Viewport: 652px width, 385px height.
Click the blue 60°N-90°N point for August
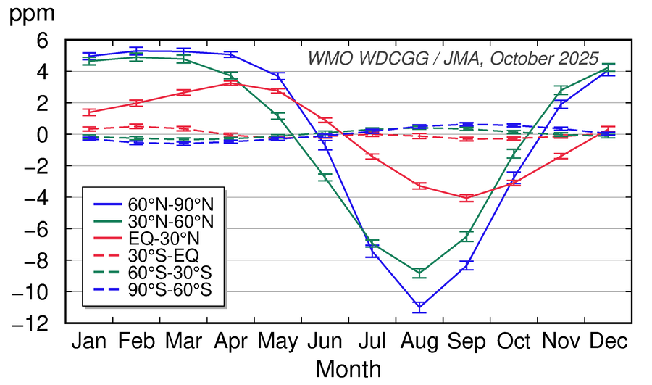[x=419, y=307]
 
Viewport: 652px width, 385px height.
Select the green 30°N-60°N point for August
[x=419, y=273]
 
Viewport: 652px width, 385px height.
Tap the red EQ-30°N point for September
[x=467, y=197]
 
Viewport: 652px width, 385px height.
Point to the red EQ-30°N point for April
[x=231, y=83]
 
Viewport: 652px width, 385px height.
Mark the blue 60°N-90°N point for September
[x=467, y=265]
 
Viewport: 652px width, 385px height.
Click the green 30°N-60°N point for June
[x=325, y=177]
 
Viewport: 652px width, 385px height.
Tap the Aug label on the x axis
[x=419, y=341]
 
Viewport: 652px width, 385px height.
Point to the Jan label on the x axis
[x=90, y=341]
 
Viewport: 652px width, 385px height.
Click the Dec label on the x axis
[x=608, y=341]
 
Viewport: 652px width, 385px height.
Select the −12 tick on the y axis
[x=43, y=323]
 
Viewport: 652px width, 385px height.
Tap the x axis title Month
[x=348, y=368]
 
